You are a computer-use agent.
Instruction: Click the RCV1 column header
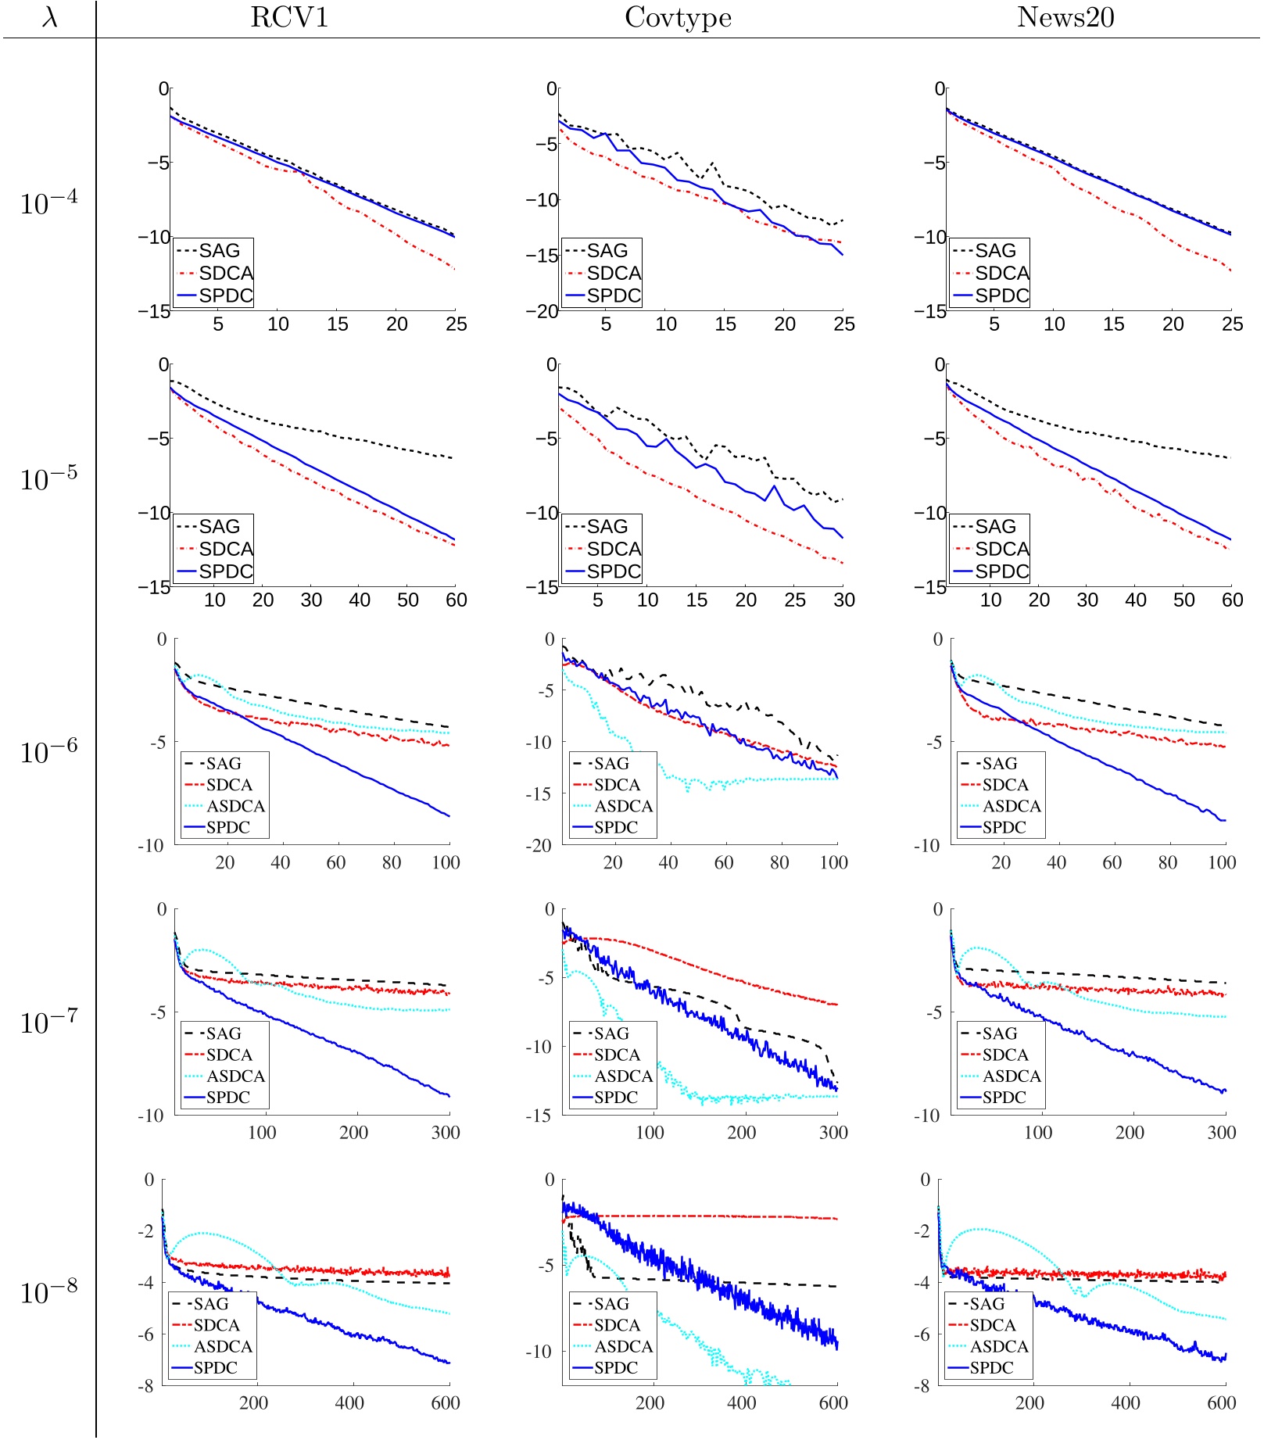coord(289,17)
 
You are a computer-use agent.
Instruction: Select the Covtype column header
coord(678,17)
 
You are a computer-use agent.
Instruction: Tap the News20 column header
coord(1065,17)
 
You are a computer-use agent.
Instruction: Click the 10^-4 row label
coord(48,202)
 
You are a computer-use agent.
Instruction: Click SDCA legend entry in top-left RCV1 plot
coord(226,273)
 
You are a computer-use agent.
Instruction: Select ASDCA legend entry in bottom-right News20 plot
coord(999,1346)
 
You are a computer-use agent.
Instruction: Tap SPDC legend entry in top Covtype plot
coord(614,296)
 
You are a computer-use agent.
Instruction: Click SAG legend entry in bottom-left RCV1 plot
coord(211,1304)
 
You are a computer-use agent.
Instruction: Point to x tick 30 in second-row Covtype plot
coord(843,600)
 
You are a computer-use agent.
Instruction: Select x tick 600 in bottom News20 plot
coord(1221,1402)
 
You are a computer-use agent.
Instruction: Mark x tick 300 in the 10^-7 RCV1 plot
coord(446,1132)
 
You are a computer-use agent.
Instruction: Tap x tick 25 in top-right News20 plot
coord(1232,324)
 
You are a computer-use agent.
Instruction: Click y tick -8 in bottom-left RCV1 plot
coord(146,1386)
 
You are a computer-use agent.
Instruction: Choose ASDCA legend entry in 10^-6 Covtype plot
coord(623,806)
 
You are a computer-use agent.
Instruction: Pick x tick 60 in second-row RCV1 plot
coord(456,600)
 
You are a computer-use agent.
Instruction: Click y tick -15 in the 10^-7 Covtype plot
coord(539,1116)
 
